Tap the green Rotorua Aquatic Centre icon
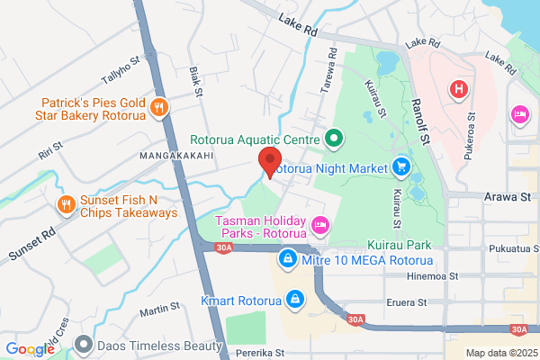point(333,139)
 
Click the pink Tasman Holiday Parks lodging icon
point(318,223)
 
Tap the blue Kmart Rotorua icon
point(293,297)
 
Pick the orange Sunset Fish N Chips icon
point(66,205)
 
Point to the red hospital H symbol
point(459,89)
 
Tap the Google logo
point(30,349)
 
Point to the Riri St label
point(50,149)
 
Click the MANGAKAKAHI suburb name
point(175,156)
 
